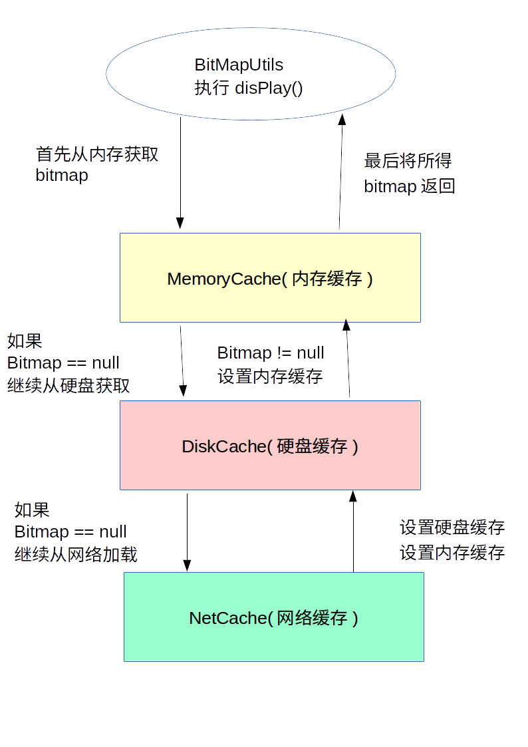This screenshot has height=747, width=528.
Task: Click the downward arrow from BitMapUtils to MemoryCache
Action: [180, 173]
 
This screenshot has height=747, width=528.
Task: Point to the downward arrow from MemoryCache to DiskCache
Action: [183, 359]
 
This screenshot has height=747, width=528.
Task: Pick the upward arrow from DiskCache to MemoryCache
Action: [348, 359]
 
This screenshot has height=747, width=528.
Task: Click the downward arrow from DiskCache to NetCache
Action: [187, 532]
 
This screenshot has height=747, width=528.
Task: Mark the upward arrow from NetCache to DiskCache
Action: [353, 532]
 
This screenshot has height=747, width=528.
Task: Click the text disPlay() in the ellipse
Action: [269, 88]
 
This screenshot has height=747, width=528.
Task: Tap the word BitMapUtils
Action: [239, 65]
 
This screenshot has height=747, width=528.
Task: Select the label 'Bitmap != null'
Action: [271, 353]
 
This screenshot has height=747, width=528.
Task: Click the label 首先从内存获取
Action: [97, 154]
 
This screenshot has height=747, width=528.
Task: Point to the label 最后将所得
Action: [408, 161]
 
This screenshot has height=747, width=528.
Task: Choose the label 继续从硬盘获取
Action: [68, 386]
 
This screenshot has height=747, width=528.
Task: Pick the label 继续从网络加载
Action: [76, 555]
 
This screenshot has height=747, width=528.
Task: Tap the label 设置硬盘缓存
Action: [452, 528]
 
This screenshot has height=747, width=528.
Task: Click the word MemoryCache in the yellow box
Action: [224, 279]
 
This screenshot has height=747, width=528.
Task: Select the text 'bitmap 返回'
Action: [410, 186]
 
